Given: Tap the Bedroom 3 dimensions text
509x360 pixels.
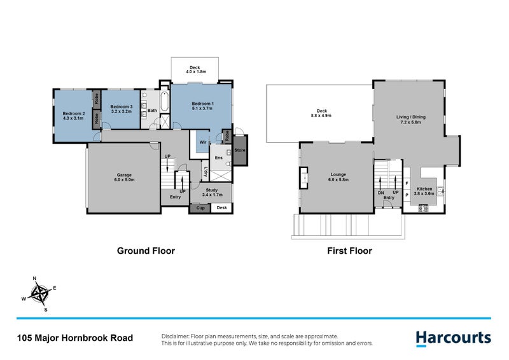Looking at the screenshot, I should (121, 111).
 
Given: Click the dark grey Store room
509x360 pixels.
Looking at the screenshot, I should (239, 151).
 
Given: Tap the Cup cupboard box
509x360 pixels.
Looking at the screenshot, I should (200, 208).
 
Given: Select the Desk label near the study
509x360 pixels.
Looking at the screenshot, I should (221, 208).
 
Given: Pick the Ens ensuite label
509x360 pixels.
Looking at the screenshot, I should (218, 158).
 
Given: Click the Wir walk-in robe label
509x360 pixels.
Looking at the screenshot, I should (203, 142).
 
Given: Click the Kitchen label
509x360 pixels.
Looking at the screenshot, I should (425, 189).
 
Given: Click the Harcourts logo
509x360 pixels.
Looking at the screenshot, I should (452, 338).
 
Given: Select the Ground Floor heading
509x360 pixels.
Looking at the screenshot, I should (145, 251).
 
